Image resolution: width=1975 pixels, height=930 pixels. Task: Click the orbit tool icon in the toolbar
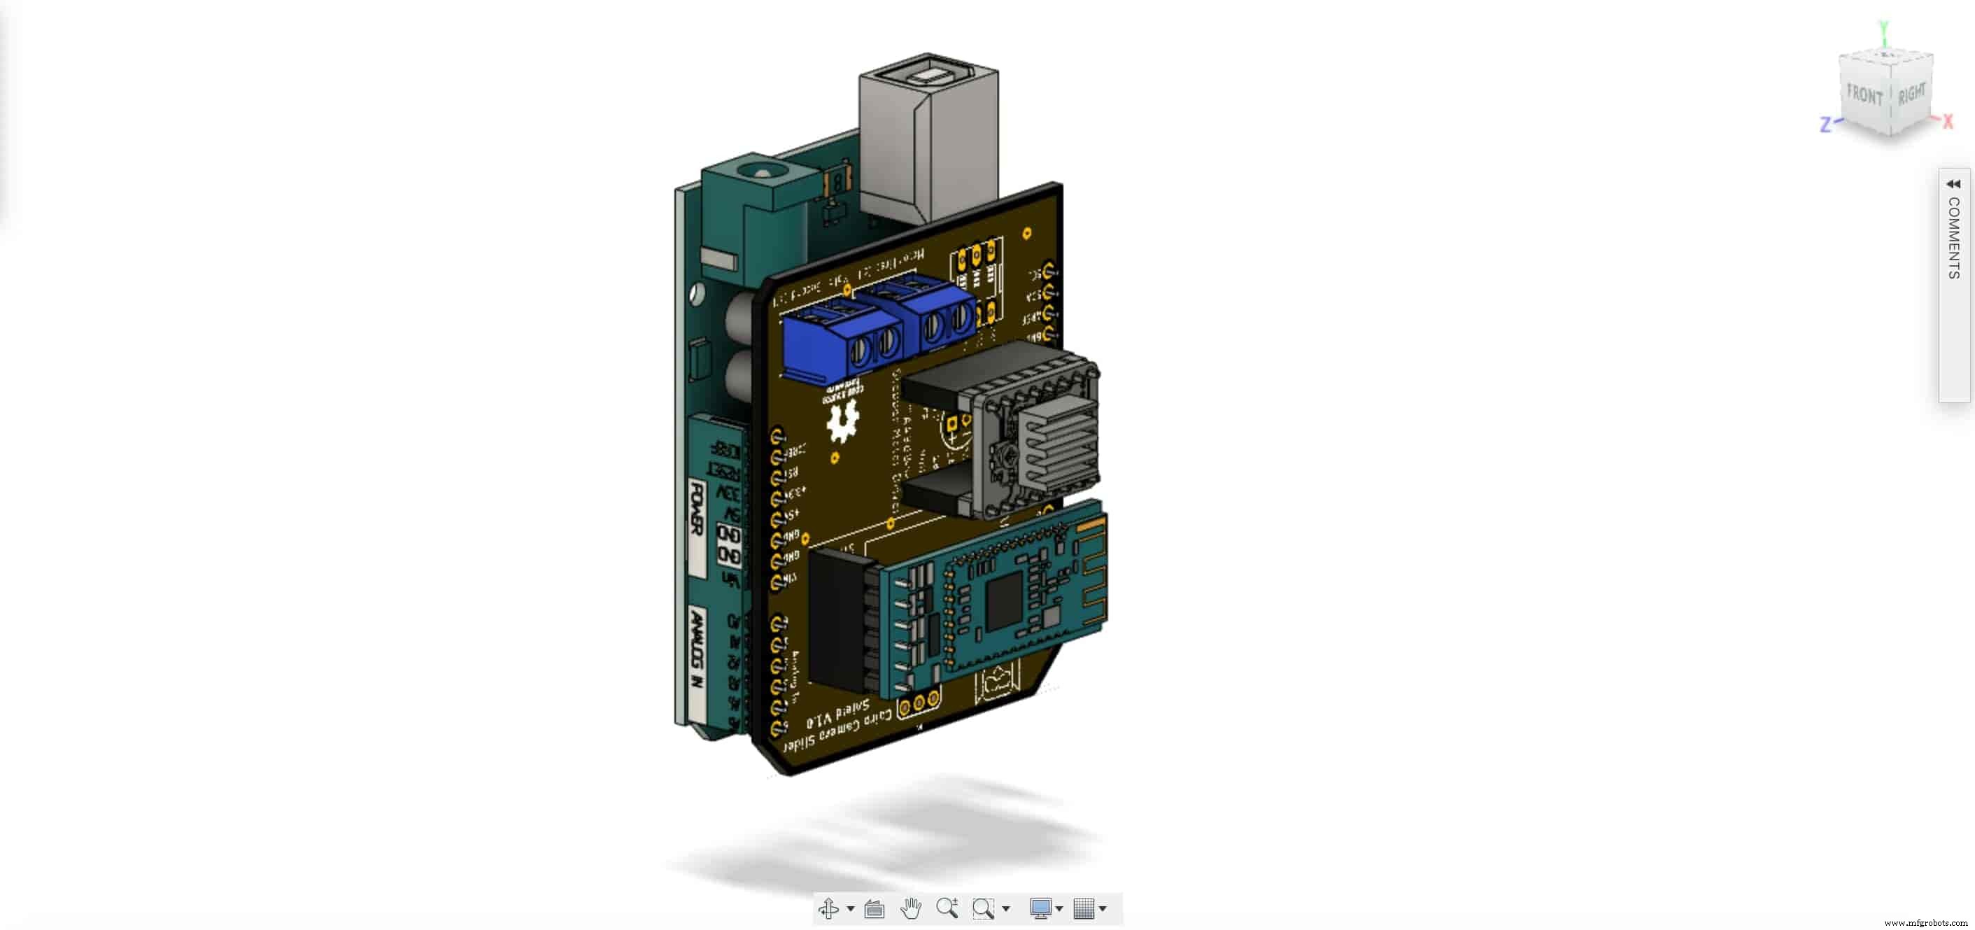pyautogui.click(x=828, y=908)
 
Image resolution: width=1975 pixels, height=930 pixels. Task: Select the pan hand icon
pyautogui.click(x=910, y=908)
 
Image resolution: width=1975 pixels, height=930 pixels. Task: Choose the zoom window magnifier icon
pyautogui.click(x=983, y=908)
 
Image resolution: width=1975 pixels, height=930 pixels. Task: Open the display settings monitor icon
pyautogui.click(x=1040, y=908)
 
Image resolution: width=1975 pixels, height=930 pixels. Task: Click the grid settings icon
pyautogui.click(x=1083, y=908)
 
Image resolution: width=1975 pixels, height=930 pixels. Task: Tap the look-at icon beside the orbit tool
pyautogui.click(x=874, y=909)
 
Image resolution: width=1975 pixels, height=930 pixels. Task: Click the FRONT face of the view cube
pyautogui.click(x=1864, y=96)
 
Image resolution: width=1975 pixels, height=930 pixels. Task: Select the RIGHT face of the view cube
pyautogui.click(x=1911, y=94)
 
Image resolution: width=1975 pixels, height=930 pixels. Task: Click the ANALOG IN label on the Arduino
pyautogui.click(x=696, y=648)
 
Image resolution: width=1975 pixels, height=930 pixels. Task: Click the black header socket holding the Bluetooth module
pyautogui.click(x=841, y=621)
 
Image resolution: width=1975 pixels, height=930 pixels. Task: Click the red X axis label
pyautogui.click(x=1948, y=121)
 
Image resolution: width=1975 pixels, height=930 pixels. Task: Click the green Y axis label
pyautogui.click(x=1885, y=31)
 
